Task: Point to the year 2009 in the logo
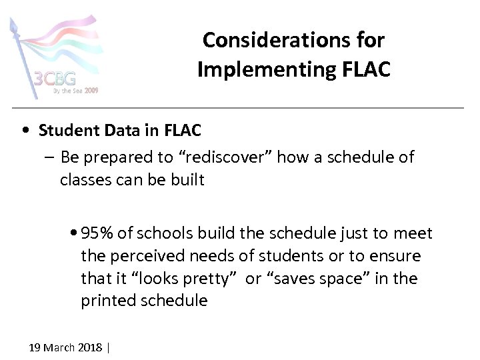coord(91,90)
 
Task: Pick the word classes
coord(83,179)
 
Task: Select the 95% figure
coord(97,233)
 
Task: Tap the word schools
coord(155,233)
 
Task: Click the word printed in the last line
coord(109,301)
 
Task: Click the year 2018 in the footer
coord(91,347)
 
